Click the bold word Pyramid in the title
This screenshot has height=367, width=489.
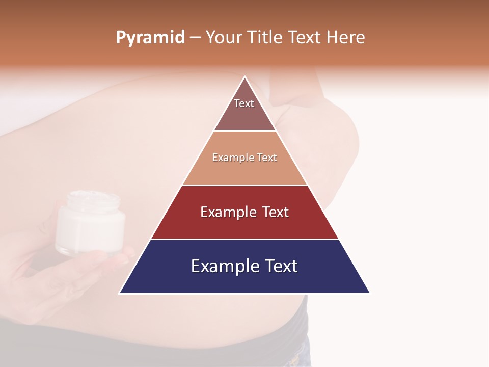150,38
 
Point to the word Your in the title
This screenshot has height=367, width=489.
224,37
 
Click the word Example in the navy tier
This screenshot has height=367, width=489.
221,266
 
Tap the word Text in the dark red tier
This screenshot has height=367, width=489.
275,212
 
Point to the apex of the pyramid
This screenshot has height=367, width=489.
244,77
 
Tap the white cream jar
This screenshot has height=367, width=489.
90,224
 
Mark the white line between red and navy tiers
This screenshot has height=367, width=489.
244,239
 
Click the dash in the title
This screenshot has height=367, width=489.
195,38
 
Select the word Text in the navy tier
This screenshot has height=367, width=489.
278,266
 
